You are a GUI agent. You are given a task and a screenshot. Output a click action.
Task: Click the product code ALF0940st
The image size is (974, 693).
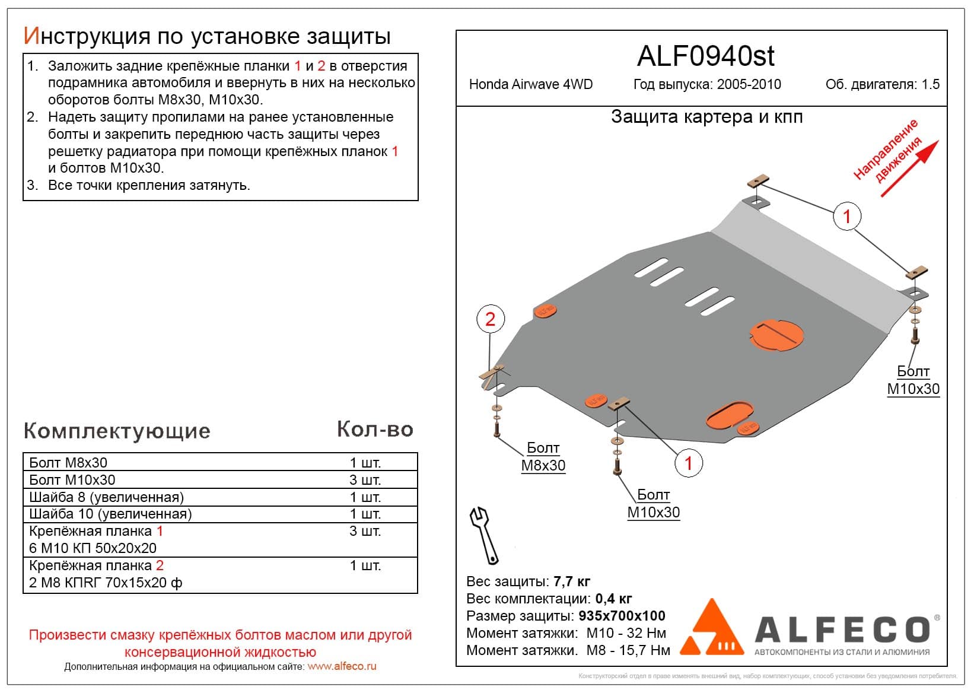[705, 56]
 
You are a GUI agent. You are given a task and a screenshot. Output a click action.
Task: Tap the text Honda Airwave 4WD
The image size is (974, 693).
[530, 84]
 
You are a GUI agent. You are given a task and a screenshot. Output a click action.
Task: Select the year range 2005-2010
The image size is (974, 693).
[749, 84]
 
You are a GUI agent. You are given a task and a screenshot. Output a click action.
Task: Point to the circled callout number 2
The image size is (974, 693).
[490, 319]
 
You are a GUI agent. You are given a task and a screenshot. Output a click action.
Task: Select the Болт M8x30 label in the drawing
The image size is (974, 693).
[543, 457]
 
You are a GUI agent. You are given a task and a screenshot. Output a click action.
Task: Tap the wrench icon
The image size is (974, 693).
[485, 535]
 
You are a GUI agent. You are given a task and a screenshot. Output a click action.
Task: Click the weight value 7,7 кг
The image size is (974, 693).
[571, 581]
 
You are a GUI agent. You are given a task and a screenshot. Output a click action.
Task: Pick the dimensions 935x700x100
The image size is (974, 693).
[622, 616]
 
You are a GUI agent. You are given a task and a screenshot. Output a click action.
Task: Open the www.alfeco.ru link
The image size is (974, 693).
[342, 666]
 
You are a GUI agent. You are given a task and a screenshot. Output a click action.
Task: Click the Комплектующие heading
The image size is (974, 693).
[117, 431]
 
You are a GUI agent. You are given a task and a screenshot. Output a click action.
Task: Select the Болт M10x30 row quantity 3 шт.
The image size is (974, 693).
[365, 480]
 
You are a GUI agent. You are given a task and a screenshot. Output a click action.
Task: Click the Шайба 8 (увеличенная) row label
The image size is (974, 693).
[106, 497]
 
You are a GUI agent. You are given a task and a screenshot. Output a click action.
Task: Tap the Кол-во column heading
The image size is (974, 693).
[375, 430]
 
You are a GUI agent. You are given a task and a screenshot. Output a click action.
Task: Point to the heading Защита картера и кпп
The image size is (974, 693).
[706, 117]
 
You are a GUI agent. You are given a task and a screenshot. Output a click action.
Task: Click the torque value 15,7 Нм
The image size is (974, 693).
[644, 651]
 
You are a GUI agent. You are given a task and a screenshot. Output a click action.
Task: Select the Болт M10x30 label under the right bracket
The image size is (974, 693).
[913, 380]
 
